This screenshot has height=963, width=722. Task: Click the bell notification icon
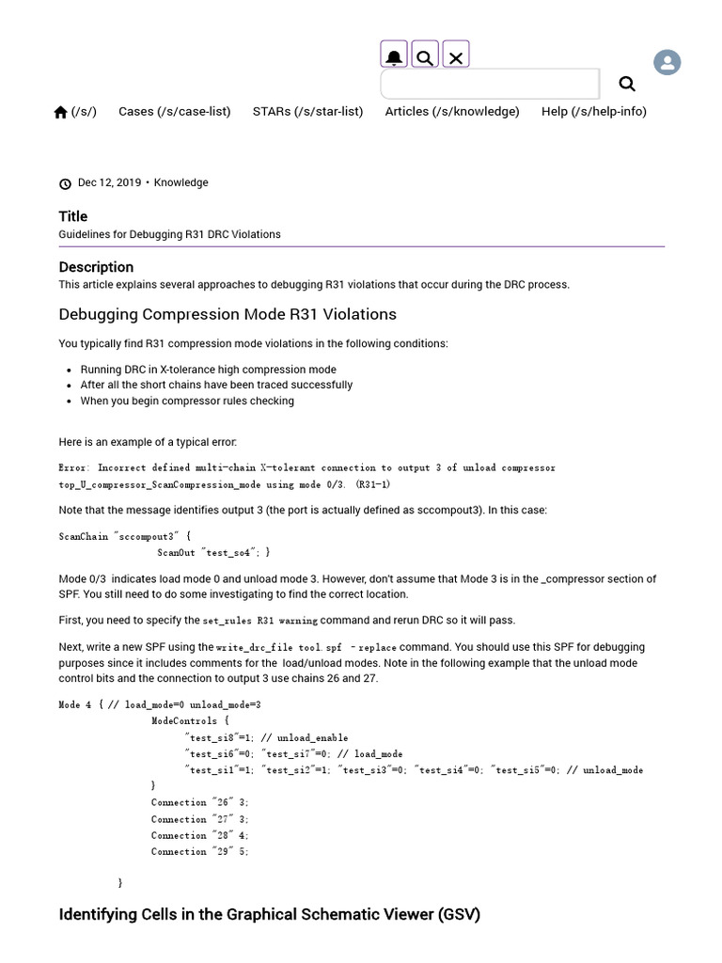(x=394, y=56)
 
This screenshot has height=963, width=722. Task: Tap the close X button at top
(x=456, y=56)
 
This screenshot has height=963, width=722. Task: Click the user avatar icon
(x=667, y=63)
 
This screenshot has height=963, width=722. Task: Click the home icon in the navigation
(x=61, y=112)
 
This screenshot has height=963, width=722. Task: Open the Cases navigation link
(x=174, y=111)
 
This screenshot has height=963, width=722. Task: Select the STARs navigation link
(x=307, y=111)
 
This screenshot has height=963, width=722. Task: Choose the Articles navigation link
(x=451, y=111)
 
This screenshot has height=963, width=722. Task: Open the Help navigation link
(x=593, y=111)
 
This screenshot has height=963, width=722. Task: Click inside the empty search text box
(x=489, y=84)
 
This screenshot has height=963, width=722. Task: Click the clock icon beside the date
(x=65, y=183)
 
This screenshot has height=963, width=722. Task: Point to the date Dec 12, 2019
(x=109, y=182)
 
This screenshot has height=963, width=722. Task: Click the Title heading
(x=73, y=216)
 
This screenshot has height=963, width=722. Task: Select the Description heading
(x=96, y=267)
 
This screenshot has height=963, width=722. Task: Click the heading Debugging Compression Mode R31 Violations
(x=228, y=314)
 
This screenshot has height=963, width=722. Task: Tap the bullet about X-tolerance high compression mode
(x=208, y=370)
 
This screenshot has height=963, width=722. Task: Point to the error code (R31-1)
(x=372, y=484)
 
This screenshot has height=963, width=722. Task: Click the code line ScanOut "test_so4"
(x=213, y=553)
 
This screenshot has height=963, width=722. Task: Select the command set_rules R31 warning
(x=259, y=621)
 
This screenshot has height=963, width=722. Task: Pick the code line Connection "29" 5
(x=199, y=852)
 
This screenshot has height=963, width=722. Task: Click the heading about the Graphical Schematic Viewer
(x=269, y=914)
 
